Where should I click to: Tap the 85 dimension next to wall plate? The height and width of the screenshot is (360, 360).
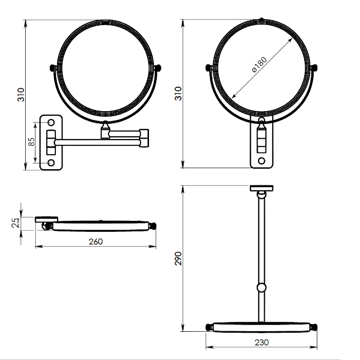click(x=31, y=142)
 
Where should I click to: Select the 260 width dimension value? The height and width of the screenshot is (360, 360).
click(x=96, y=242)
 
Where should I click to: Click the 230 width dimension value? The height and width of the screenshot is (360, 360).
click(x=261, y=342)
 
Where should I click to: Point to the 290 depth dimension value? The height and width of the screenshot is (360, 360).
click(x=178, y=258)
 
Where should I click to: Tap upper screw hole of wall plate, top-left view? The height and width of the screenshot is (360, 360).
click(x=51, y=122)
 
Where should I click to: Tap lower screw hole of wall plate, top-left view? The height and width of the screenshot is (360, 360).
click(x=51, y=162)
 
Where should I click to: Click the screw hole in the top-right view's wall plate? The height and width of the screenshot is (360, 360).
click(x=261, y=161)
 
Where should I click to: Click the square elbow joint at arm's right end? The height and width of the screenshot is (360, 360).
click(x=144, y=138)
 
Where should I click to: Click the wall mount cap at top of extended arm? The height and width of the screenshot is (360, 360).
click(x=261, y=188)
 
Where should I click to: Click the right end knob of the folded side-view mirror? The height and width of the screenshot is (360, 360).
click(x=153, y=226)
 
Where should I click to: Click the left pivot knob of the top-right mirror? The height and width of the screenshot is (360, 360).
click(x=209, y=68)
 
